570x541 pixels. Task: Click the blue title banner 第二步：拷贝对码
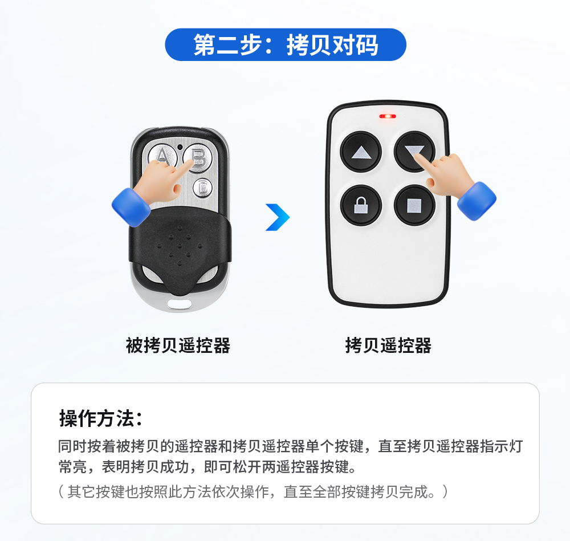pyautogui.click(x=286, y=44)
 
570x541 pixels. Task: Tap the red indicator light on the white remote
pyautogui.click(x=388, y=116)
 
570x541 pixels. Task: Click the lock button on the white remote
pyautogui.click(x=361, y=205)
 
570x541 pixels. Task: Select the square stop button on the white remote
pyautogui.click(x=414, y=205)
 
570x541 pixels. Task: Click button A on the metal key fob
pyautogui.click(x=162, y=156)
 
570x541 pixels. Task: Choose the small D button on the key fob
pyautogui.click(x=202, y=188)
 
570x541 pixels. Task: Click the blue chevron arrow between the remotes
pyautogui.click(x=278, y=217)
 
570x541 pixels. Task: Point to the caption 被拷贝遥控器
pyautogui.click(x=178, y=345)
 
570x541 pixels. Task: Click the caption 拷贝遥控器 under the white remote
pyautogui.click(x=388, y=345)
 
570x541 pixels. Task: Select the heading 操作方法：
pyautogui.click(x=101, y=418)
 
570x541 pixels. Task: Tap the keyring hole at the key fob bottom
pyautogui.click(x=180, y=303)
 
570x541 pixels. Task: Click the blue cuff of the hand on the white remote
pyautogui.click(x=477, y=201)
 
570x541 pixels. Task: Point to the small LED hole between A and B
pyautogui.click(x=180, y=147)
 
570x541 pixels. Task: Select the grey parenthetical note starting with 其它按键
pyautogui.click(x=254, y=491)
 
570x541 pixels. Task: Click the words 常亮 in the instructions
pyautogui.click(x=73, y=467)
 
